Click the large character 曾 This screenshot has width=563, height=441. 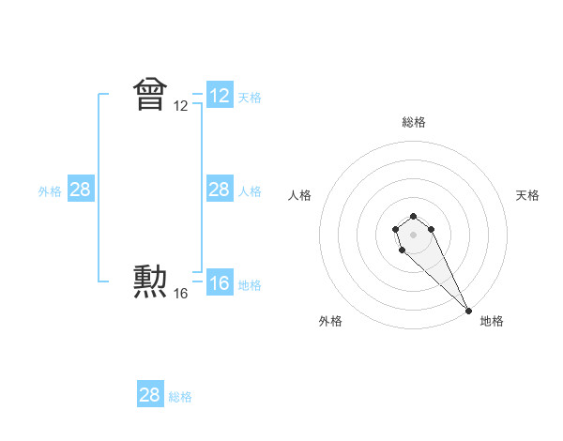150,94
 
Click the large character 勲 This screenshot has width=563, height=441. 150,281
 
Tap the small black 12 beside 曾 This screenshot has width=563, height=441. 181,107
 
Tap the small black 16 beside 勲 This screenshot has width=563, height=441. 181,294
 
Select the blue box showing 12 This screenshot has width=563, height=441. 220,96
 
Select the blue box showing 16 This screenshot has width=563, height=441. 220,283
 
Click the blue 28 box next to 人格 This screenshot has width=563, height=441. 220,190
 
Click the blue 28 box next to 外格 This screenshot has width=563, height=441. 81,190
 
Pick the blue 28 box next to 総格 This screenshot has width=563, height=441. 150,395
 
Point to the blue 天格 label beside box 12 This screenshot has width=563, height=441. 250,97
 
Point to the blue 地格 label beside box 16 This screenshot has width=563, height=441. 250,285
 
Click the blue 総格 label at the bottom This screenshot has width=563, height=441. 180,397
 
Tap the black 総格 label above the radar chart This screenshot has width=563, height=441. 414,122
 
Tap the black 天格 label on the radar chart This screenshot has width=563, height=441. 527,195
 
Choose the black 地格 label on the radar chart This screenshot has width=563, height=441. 492,321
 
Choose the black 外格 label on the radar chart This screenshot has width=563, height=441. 330,321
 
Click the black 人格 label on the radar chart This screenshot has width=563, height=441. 300,195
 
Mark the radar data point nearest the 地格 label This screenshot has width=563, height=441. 468,310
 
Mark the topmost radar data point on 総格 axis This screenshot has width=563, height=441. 413,215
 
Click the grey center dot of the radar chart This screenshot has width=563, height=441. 413,234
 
